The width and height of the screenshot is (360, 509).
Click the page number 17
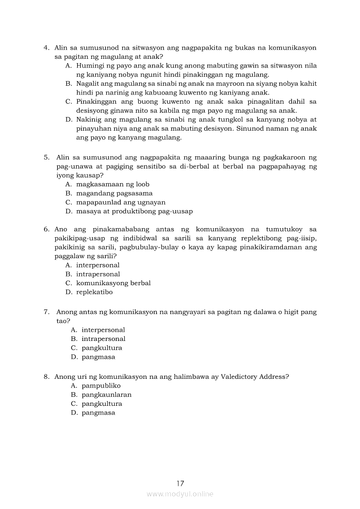pyautogui.click(x=180, y=483)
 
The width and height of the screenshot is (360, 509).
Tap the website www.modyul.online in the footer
pyautogui.click(x=180, y=494)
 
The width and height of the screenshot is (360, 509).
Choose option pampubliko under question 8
pyautogui.click(x=101, y=386)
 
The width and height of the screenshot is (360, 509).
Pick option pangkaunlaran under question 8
pyautogui.click(x=106, y=395)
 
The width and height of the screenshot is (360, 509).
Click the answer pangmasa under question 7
pyautogui.click(x=98, y=357)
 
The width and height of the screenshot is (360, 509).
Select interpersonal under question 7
pyautogui.click(x=103, y=330)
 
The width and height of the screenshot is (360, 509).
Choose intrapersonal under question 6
pyautogui.click(x=98, y=274)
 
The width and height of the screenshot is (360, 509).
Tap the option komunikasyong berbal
pyautogui.click(x=113, y=283)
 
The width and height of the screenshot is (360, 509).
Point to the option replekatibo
pyautogui.click(x=94, y=292)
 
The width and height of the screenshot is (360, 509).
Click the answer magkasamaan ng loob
pyautogui.click(x=113, y=184)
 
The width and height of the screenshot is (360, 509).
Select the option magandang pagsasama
pyautogui.click(x=114, y=193)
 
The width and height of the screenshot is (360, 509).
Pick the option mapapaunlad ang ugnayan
pyautogui.click(x=121, y=202)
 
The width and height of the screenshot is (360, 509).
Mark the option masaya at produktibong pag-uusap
pyautogui.click(x=134, y=212)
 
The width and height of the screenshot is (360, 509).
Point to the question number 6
pyautogui.click(x=46, y=229)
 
